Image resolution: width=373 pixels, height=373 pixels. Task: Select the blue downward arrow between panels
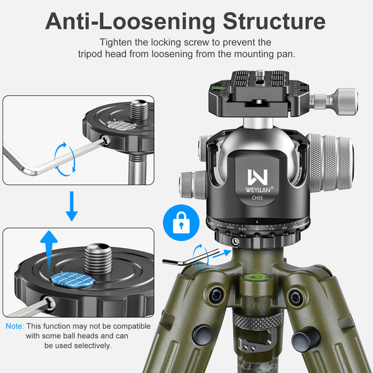tap(72, 206)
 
